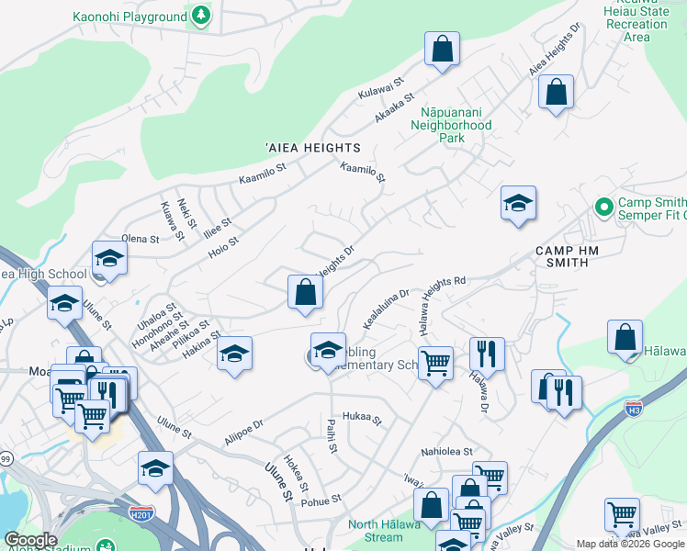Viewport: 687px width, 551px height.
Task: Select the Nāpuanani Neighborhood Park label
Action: [x=451, y=125]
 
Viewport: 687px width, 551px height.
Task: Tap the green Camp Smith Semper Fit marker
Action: [x=603, y=205]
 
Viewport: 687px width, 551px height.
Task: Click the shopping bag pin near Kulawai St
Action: [x=442, y=50]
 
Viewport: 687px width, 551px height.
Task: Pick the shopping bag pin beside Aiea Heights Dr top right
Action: [x=556, y=93]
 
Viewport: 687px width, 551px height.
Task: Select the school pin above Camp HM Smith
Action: [x=518, y=204]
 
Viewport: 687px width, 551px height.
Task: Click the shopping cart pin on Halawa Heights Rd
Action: [x=435, y=363]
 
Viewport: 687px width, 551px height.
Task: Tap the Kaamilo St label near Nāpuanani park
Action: [x=361, y=172]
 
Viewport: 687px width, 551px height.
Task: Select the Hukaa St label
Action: [x=361, y=418]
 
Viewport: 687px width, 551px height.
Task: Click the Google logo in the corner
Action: [x=31, y=540]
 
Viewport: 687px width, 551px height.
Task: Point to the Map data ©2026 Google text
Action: [x=629, y=544]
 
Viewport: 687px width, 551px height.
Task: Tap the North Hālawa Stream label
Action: [x=389, y=531]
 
